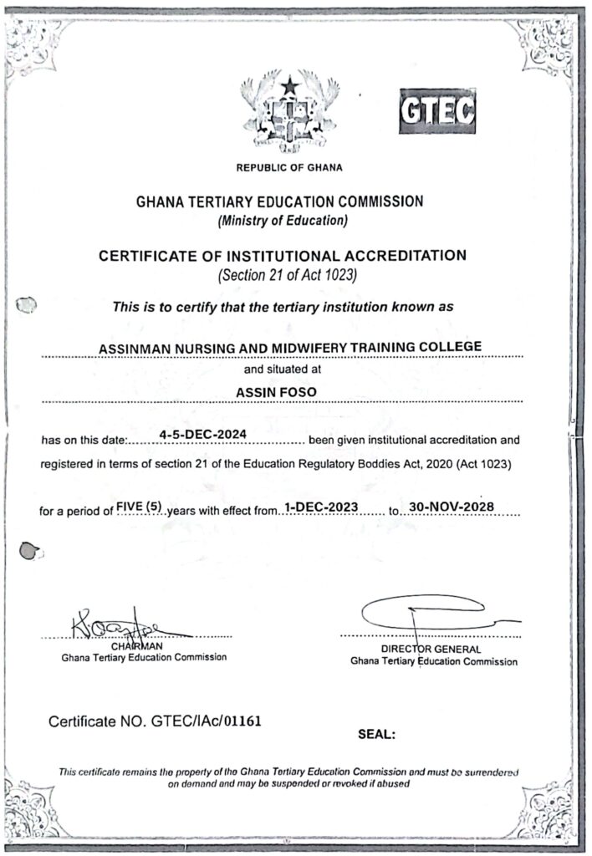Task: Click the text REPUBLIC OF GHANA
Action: (x=289, y=168)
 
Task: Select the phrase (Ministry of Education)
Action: (x=282, y=221)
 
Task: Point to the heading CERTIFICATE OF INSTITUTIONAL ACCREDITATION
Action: (x=283, y=255)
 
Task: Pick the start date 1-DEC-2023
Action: (x=321, y=506)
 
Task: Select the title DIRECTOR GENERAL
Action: (x=431, y=649)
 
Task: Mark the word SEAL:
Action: (x=375, y=736)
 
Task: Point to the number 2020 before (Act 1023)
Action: (x=407, y=463)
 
